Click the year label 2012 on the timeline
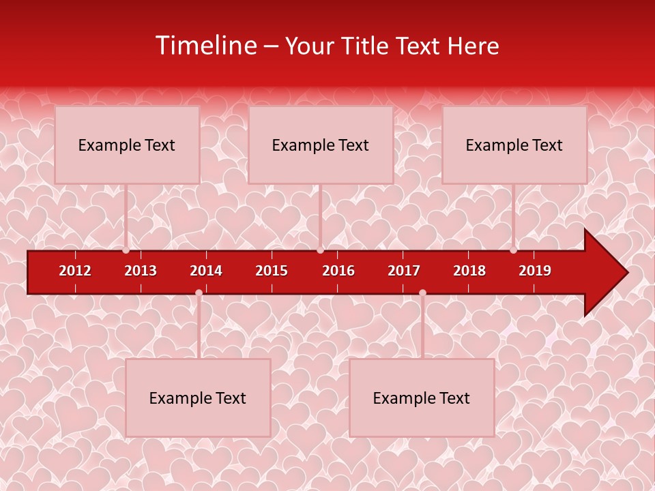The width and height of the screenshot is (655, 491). (x=75, y=271)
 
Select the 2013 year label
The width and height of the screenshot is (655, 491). (x=141, y=271)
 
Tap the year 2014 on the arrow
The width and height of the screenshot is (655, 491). (x=206, y=271)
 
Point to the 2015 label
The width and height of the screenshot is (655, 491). (x=272, y=271)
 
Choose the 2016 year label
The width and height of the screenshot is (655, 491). (x=338, y=271)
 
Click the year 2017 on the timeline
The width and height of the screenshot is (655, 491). (x=404, y=271)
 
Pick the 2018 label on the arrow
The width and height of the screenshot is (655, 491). (x=469, y=271)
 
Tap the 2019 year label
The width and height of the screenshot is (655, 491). (x=535, y=271)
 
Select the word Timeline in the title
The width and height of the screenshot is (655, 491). (x=205, y=46)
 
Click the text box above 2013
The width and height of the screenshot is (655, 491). (x=127, y=145)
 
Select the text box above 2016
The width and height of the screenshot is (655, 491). (x=321, y=145)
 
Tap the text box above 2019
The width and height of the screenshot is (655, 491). (x=514, y=145)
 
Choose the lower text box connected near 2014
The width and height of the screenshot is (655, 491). (x=198, y=398)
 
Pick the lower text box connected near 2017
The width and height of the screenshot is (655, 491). (x=422, y=398)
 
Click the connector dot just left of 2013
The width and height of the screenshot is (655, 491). (x=126, y=250)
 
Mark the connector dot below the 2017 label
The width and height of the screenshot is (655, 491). (x=422, y=293)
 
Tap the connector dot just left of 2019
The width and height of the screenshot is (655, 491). (x=513, y=250)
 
